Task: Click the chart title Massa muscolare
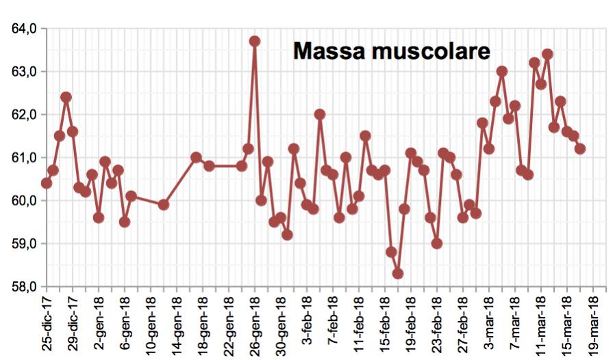coord(392,51)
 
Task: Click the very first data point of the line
coord(47,183)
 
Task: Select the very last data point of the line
coord(580,149)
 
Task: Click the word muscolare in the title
coord(432,51)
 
